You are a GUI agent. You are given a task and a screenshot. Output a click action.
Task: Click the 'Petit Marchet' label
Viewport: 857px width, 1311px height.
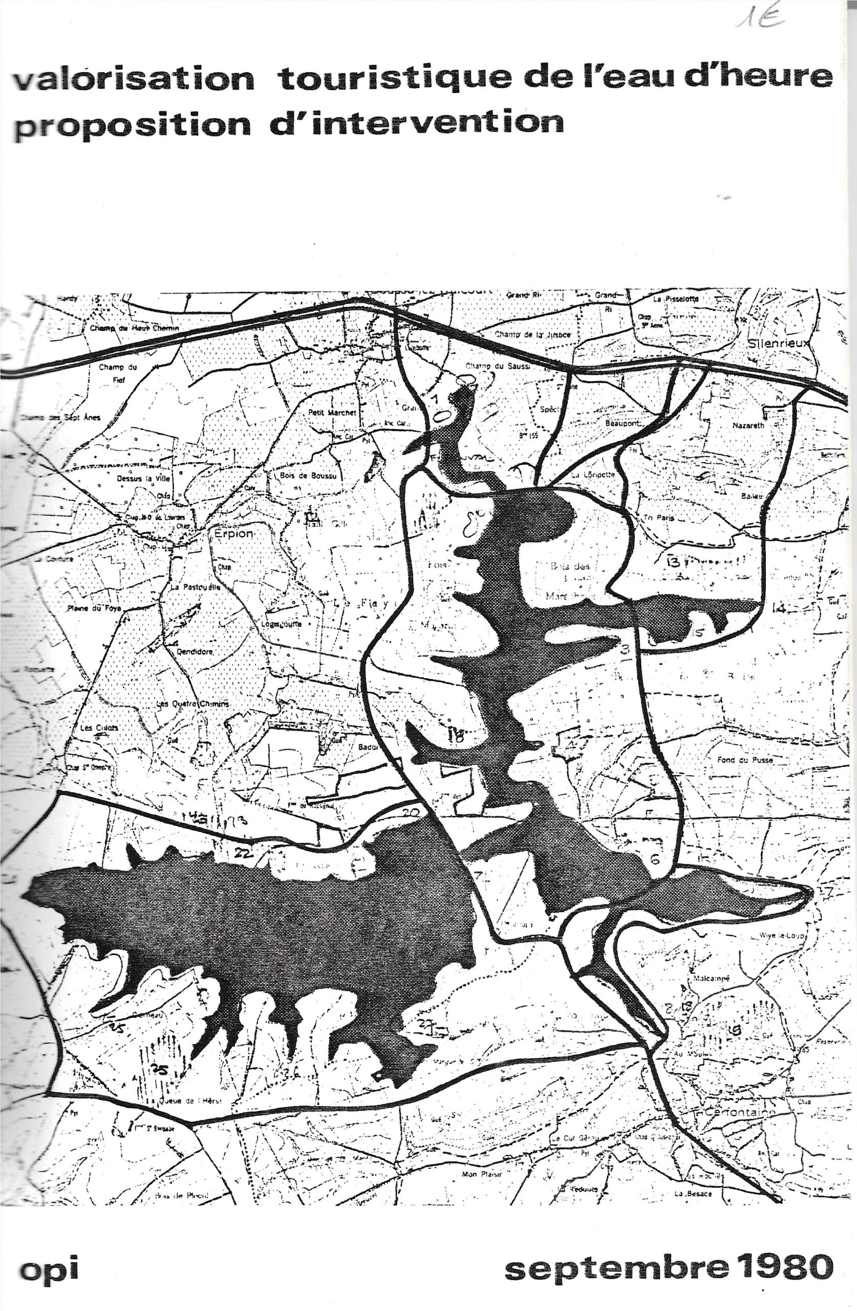(x=333, y=412)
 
